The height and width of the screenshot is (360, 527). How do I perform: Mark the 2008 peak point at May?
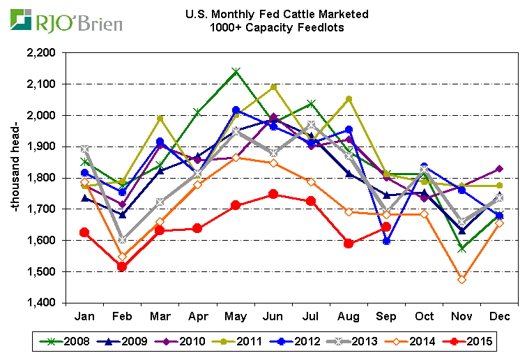point(236,71)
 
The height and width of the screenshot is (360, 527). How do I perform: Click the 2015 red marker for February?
point(123,267)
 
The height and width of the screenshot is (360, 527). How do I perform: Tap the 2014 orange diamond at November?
point(462,279)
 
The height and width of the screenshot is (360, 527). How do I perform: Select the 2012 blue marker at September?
point(387,241)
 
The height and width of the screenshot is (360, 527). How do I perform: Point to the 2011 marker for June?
point(273,87)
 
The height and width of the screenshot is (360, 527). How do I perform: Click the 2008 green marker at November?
point(462,248)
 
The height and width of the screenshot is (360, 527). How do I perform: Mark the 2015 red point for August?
point(349,243)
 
